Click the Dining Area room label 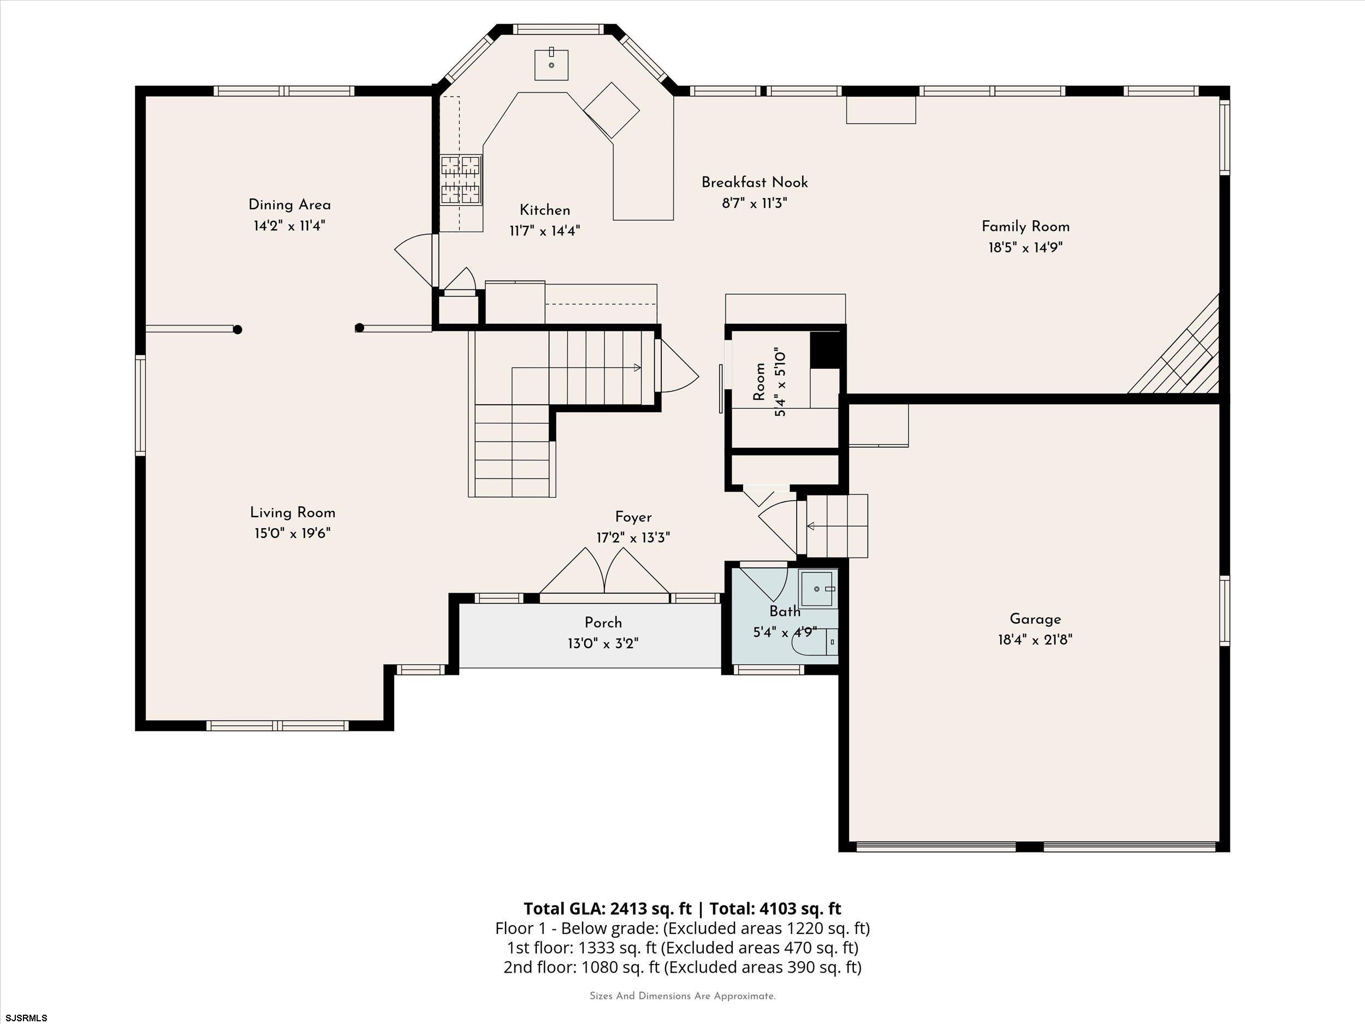tap(289, 205)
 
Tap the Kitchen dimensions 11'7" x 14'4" tap(545, 231)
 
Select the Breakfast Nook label tap(755, 182)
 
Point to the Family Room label tap(1025, 227)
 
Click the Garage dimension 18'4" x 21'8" tap(1035, 640)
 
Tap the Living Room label tap(293, 512)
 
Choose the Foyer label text tap(633, 517)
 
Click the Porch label tap(603, 623)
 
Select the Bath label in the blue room tap(785, 612)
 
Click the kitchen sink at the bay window tap(551, 64)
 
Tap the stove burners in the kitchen tap(460, 180)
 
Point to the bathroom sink tap(818, 589)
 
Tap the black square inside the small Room tap(825, 350)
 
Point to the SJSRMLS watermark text tap(26, 1018)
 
